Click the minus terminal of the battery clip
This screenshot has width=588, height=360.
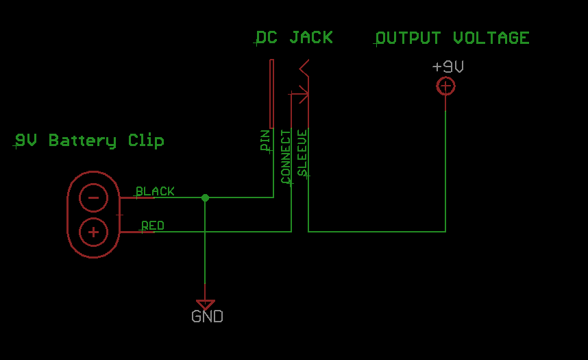coord(94,198)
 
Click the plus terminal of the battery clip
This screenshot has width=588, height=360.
coord(94,232)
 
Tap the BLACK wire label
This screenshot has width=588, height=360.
coord(155,191)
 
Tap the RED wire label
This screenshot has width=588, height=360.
coord(153,226)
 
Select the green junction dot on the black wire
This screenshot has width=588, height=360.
coord(205,197)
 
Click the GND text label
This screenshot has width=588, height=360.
coord(207,317)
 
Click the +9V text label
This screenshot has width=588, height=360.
coord(448,67)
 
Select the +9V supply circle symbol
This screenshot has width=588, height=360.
coord(445,86)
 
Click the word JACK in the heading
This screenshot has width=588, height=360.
coord(311,37)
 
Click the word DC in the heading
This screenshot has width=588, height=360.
coord(267,37)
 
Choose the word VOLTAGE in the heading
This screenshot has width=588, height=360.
coord(491,38)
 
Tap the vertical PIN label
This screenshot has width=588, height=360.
coord(265,141)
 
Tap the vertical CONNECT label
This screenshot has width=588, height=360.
coord(286,156)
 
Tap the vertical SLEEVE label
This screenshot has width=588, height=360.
coord(302,153)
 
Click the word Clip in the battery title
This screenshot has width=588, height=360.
coord(146,141)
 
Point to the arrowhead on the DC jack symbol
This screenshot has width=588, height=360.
coord(302,93)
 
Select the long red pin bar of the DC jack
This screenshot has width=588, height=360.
coord(271,93)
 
